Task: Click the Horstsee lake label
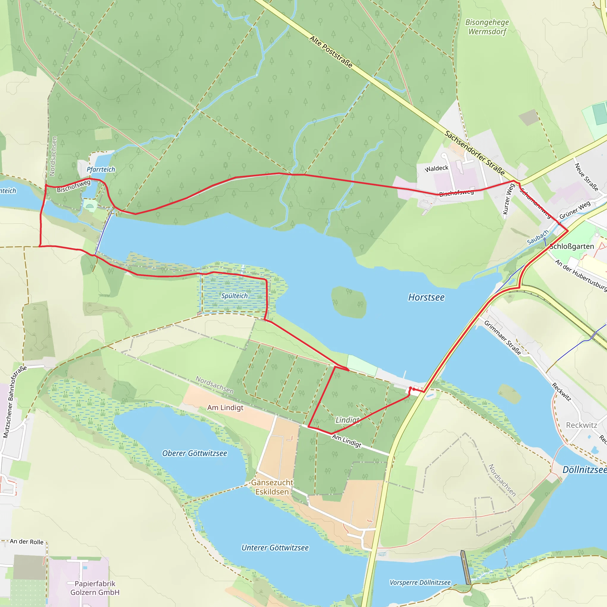pos(426,297)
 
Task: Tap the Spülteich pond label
pos(234,295)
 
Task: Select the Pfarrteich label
pos(101,169)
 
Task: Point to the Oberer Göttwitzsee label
pos(194,453)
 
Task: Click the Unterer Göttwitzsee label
pos(275,548)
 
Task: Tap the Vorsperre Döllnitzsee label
pos(420,582)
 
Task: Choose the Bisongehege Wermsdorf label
pos(487,27)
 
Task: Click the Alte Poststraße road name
pos(331,52)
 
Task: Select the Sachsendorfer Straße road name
pos(475,153)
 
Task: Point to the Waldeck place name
pos(436,168)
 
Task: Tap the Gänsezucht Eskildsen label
pos(272,487)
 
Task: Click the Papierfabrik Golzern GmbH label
pos(95,588)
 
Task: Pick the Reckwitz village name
pos(581,425)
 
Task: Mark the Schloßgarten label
pos(572,246)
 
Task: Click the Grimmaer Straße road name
pos(502,337)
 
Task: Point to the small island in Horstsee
pos(349,302)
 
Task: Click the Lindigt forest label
pos(347,420)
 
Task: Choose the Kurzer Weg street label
pos(509,199)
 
